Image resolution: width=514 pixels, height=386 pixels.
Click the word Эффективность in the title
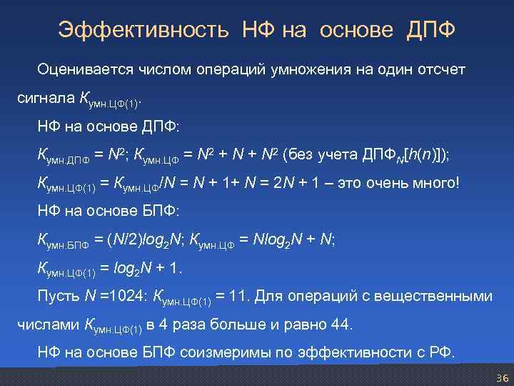[x=143, y=30]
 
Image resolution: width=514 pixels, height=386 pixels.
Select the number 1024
[x=128, y=296]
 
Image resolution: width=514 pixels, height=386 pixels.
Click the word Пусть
[x=56, y=296]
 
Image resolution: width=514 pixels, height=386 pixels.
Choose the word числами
[x=47, y=325]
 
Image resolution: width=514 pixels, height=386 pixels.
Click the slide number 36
[x=500, y=377]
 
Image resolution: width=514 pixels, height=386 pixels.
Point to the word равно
[x=304, y=325]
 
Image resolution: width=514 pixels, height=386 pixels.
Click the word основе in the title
[x=356, y=30]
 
